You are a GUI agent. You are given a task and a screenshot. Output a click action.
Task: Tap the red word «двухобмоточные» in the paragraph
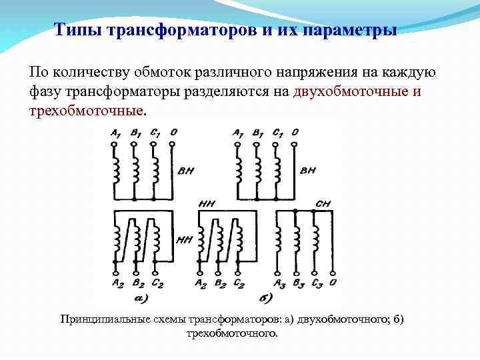click(351, 91)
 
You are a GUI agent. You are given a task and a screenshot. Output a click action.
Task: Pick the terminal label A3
click(280, 283)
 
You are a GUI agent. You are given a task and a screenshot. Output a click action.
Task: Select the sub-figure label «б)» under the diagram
click(265, 297)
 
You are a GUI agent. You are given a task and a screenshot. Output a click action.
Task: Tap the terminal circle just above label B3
click(295, 272)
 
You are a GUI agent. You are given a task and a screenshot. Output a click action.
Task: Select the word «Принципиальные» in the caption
click(101, 319)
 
